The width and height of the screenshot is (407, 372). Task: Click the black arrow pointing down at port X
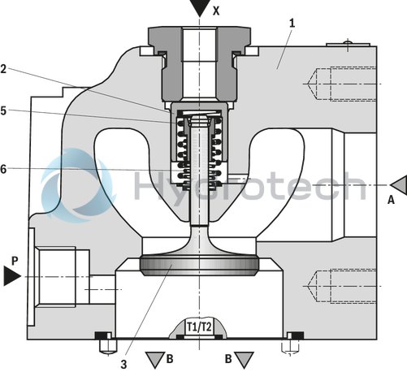click(199, 8)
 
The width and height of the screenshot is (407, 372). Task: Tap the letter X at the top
click(216, 11)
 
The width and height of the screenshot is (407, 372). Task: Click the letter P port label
click(14, 261)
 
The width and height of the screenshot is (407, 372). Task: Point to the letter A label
click(391, 197)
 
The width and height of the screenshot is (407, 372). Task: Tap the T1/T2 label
click(200, 327)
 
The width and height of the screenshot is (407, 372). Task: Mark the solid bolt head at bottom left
click(103, 348)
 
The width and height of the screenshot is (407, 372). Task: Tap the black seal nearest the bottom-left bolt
click(102, 335)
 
